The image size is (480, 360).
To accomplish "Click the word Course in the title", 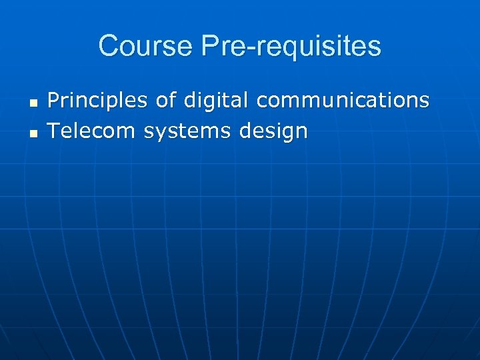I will pos(139,47).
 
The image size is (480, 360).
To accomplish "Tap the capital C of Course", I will pos(107,47).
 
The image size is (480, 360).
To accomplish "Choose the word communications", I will pos(343,100).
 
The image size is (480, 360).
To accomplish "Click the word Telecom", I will pos(92,131).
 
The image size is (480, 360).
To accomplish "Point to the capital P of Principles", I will pos(53,100).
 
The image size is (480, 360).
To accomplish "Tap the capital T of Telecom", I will pos(54,131).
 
